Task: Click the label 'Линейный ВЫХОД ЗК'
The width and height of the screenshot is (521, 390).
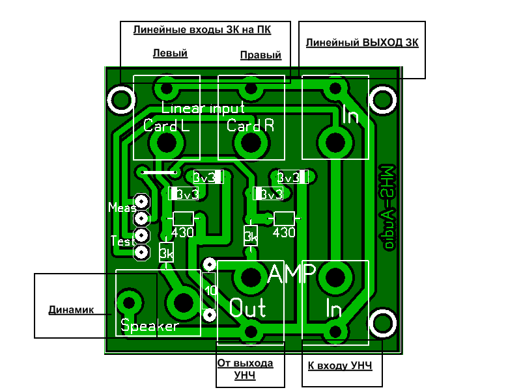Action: pos(362,44)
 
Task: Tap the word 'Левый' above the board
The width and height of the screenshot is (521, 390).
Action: pos(170,53)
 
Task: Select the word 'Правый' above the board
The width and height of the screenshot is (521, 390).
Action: pos(260,55)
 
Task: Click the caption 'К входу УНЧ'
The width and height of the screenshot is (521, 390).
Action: pos(340,367)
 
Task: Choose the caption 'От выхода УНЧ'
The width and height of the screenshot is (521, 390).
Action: pos(245,369)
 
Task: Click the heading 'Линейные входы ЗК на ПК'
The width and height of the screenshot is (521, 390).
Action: pos(202,30)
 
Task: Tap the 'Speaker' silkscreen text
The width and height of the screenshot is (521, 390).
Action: pos(149,326)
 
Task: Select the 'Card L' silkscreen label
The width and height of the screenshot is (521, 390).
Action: pos(167,126)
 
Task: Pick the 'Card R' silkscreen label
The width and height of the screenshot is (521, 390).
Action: pos(251,126)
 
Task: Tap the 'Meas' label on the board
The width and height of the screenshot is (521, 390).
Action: pos(122,207)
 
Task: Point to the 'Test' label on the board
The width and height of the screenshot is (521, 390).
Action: pos(123,241)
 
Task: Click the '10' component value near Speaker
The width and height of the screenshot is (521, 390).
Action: pos(210,290)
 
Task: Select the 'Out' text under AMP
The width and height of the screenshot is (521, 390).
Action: pos(247,307)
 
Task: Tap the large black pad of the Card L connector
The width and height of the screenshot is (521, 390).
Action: pos(167,144)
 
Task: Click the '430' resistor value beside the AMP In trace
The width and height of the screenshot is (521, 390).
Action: pos(284,232)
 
